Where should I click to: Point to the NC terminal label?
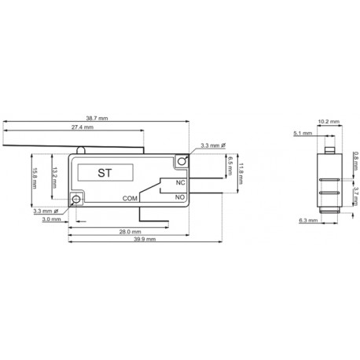click(180, 183)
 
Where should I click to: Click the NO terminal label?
click(180, 197)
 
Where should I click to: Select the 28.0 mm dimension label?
click(130, 232)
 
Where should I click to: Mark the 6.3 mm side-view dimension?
click(309, 221)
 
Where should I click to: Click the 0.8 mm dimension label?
click(355, 157)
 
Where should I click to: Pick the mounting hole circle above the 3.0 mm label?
click(75, 200)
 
